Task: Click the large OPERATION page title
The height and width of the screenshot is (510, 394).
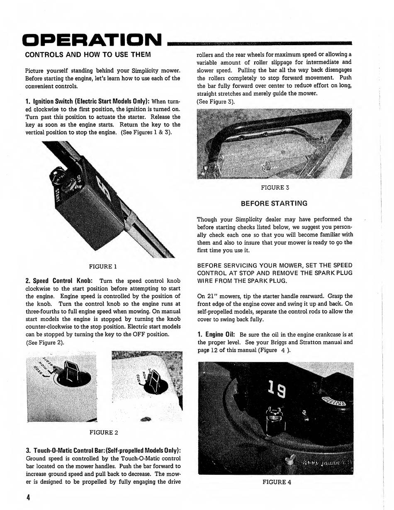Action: [x=92, y=40]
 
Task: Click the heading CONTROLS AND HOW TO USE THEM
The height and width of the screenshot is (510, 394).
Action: [x=88, y=54]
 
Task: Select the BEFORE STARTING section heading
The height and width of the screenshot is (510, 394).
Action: [x=274, y=203]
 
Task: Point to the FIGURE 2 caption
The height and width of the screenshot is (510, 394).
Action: [x=104, y=432]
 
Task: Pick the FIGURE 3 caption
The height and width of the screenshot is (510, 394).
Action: [x=275, y=187]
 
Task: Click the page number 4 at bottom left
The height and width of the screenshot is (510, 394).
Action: [x=28, y=498]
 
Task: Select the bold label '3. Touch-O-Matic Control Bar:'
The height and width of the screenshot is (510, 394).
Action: [x=103, y=451]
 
